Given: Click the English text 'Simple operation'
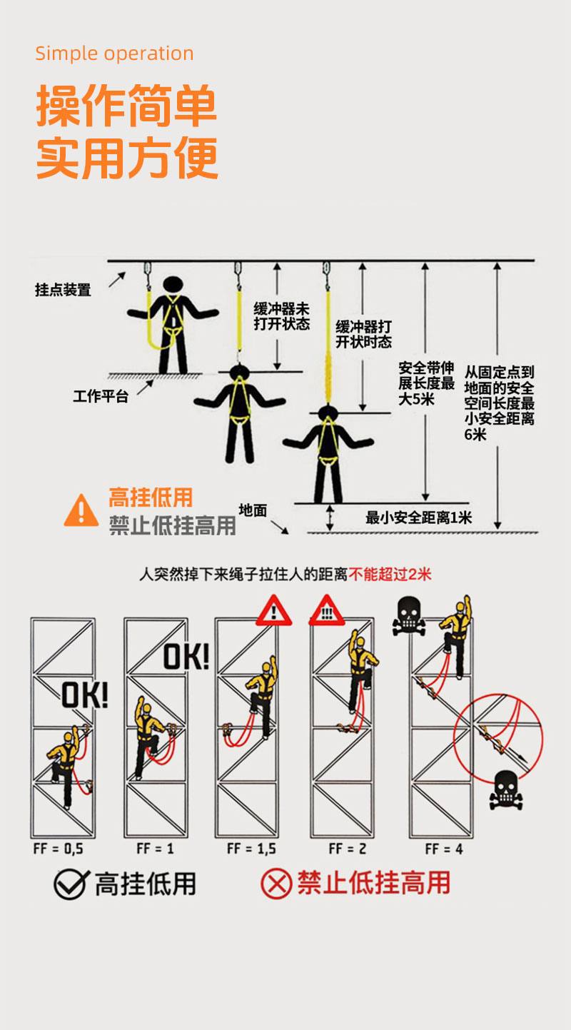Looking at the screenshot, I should tap(114, 54).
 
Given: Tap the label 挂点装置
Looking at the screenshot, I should tap(63, 290).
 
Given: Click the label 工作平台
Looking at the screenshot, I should tap(101, 396).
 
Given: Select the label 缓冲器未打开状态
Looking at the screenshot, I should tap(282, 316).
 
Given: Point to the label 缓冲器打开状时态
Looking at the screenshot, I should tap(363, 334).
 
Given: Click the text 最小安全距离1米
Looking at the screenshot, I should tap(418, 517).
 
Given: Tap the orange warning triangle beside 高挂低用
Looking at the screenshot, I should tap(81, 510).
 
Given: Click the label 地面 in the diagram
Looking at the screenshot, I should tap(253, 510).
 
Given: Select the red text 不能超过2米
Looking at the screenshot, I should tap(390, 574).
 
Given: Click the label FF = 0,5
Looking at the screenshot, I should tap(59, 849).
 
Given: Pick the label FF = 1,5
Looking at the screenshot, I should tap(251, 849).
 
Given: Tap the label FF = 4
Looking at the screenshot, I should tap(444, 849).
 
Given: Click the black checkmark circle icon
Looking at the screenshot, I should tap(71, 884).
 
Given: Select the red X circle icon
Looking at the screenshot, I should tap(276, 884).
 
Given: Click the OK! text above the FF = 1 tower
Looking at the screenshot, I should tap(186, 657).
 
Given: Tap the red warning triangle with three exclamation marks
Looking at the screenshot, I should tap(326, 612).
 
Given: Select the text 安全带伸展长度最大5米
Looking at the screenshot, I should tap(426, 383).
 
